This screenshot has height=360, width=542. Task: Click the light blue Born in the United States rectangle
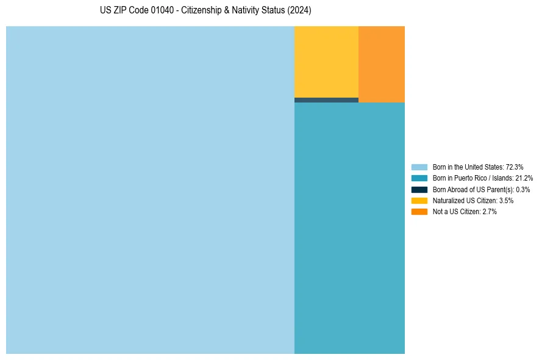click(150, 190)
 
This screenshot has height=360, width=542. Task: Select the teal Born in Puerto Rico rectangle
click(349, 228)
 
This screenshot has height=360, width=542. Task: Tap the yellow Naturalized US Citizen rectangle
click(326, 62)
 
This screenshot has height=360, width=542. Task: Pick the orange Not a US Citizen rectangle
click(382, 64)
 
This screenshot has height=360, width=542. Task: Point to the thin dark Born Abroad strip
click(326, 100)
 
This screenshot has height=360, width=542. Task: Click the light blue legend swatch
click(419, 167)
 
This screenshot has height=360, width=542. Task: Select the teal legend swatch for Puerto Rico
click(419, 178)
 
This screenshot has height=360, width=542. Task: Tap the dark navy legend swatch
click(419, 190)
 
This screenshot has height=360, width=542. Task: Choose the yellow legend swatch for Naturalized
click(419, 201)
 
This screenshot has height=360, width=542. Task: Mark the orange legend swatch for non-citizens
click(419, 212)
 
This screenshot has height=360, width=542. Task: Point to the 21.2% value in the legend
click(524, 178)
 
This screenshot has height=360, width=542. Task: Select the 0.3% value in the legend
click(523, 190)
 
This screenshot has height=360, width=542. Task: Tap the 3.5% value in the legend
click(506, 201)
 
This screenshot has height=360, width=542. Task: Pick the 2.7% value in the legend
click(489, 212)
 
